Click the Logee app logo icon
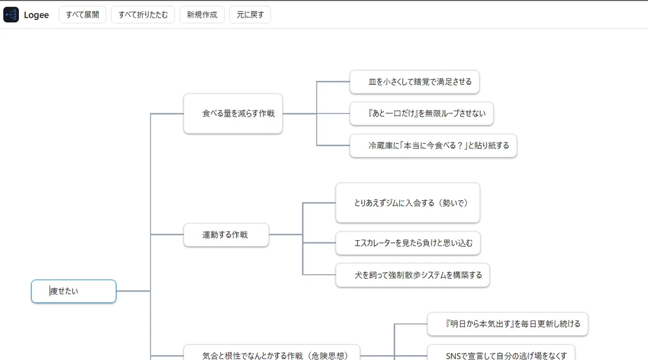11,15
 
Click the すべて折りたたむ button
143,15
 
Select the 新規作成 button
202,15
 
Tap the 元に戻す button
250,15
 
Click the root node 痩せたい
74,291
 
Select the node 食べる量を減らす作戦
233,113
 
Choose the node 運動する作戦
226,235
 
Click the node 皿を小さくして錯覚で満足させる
414,82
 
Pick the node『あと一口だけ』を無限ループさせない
422,113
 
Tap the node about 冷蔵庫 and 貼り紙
433,145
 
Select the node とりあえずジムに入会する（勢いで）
408,203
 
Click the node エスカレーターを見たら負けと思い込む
408,243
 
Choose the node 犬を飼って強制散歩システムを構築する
413,275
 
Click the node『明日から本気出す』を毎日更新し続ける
508,324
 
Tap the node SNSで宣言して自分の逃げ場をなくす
501,354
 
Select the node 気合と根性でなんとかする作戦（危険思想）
272,354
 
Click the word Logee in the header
36,15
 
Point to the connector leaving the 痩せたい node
133,291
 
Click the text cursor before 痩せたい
50,291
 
